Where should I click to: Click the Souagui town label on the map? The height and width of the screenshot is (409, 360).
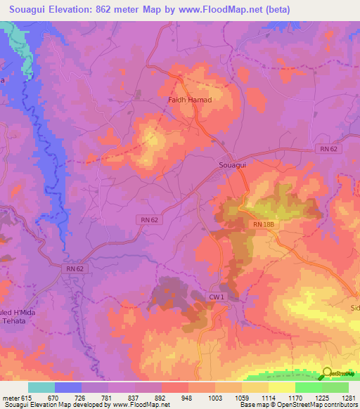[x=229, y=164]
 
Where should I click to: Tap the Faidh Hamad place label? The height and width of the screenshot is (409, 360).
[x=189, y=100]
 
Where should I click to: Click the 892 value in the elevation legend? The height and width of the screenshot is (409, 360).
[x=161, y=398]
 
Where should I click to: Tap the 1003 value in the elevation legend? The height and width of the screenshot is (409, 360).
[x=214, y=398]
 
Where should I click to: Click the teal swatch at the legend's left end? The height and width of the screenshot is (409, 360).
[x=41, y=387]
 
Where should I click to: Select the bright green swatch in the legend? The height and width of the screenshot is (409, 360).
[x=308, y=387]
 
